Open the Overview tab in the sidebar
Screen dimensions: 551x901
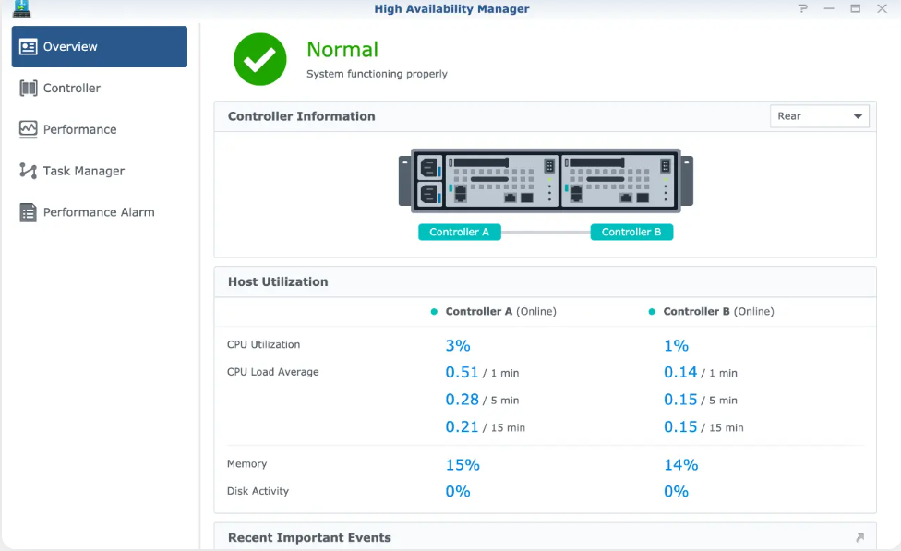[99, 47]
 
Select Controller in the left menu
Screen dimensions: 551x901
[71, 89]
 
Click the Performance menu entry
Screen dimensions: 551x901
[79, 130]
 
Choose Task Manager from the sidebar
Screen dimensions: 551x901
[83, 172]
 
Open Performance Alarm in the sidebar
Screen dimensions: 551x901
[98, 212]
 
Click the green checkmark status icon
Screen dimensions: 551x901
[260, 59]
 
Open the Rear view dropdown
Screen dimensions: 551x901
[819, 116]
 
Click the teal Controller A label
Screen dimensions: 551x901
[460, 232]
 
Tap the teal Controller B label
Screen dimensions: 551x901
[631, 232]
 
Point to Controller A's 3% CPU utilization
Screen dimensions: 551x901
[458, 345]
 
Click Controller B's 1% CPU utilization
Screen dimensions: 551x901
[676, 345]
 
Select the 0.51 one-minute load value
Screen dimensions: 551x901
[462, 373]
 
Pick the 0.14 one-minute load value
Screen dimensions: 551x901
[680, 373]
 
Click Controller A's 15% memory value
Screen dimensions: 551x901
[463, 465]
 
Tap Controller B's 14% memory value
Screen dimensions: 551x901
[680, 465]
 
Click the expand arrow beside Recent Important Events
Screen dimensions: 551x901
[859, 538]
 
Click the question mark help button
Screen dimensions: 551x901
[803, 8]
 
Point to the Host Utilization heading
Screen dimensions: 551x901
[278, 281]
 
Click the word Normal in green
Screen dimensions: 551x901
[342, 50]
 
